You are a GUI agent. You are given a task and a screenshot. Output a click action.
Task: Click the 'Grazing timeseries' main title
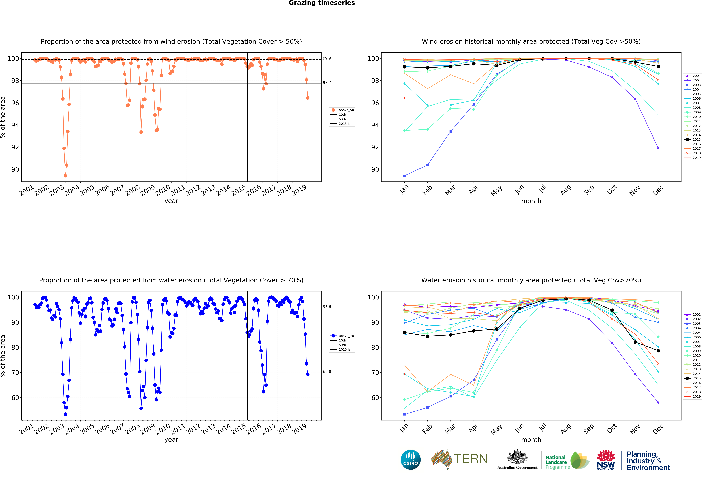322,3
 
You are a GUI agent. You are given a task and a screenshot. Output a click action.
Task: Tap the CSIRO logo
411,460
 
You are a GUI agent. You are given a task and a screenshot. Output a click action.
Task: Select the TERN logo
459,459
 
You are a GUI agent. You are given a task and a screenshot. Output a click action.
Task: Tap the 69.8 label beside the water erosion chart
327,372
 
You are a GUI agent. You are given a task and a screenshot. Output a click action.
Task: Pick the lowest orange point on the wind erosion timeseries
65,176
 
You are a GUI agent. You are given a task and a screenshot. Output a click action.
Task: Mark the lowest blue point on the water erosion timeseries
65,414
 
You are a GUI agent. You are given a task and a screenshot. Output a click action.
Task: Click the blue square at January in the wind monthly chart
404,176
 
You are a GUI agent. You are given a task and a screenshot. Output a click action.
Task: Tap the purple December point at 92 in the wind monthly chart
658,148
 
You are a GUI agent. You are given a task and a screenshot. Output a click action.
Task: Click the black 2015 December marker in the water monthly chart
658,351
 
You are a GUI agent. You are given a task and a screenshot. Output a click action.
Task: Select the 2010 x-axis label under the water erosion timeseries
163,429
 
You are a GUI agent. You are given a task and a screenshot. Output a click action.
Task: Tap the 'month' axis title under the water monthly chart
531,440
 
